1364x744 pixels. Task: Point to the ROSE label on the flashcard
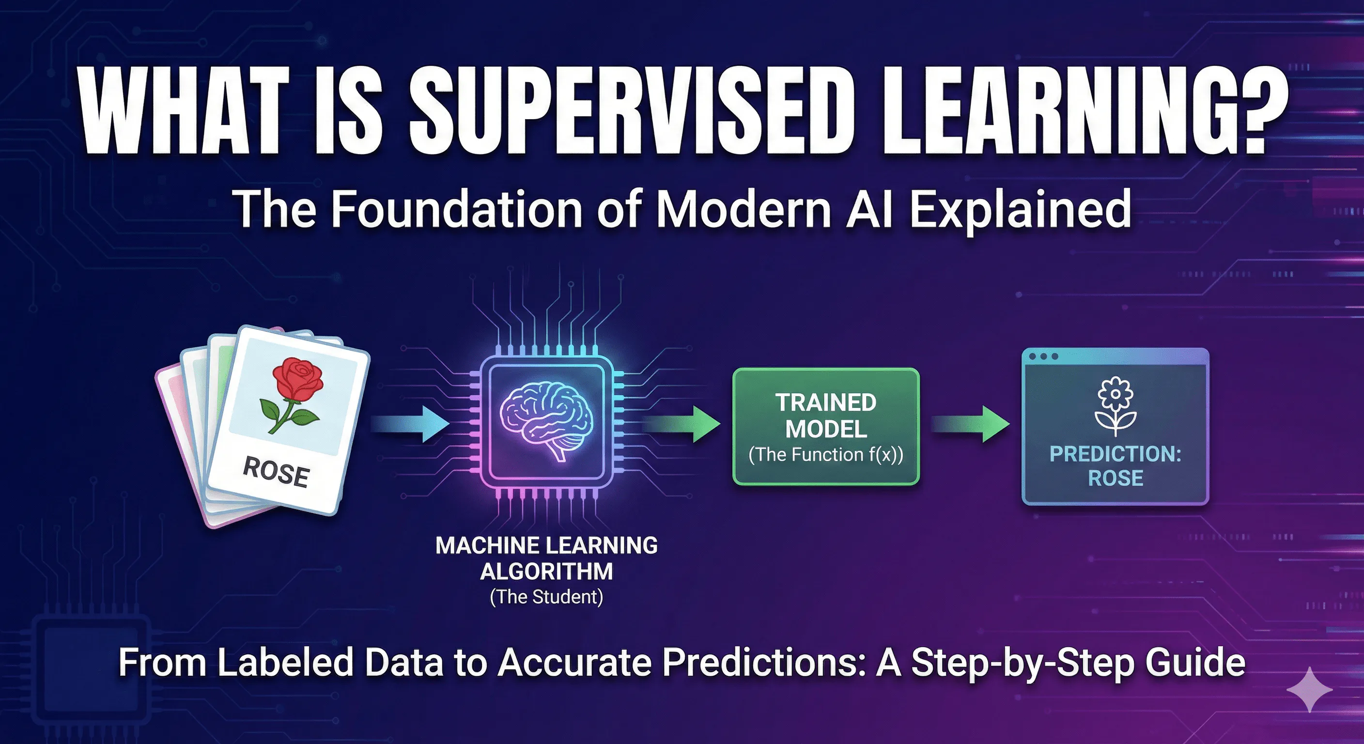coord(276,471)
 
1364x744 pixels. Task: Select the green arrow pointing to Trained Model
coord(683,424)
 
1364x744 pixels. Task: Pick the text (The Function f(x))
coord(825,455)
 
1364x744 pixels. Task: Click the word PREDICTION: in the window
coord(1115,454)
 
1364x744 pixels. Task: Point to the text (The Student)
coord(546,597)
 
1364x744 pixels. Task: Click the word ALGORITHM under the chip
coord(546,572)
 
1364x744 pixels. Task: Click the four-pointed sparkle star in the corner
coord(1309,689)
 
